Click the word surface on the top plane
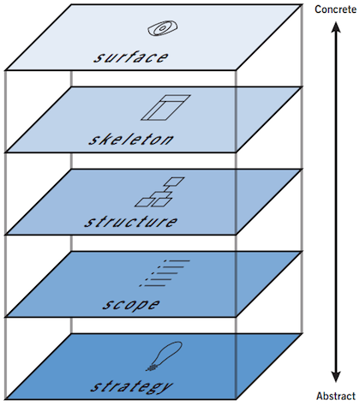[x=131, y=57]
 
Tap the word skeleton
[x=131, y=140]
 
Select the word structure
[x=131, y=222]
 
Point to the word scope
[x=131, y=304]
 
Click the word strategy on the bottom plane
[x=131, y=387]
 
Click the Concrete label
[x=336, y=9]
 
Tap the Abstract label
[x=336, y=397]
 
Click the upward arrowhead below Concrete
[x=336, y=27]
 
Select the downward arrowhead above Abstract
[x=336, y=376]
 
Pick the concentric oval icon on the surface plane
[x=163, y=28]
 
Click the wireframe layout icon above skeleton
[x=165, y=108]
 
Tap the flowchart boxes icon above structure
[x=159, y=192]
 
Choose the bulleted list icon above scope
[x=165, y=273]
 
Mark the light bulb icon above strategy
[x=165, y=356]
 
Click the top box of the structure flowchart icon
[x=174, y=182]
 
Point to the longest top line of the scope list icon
[x=177, y=260]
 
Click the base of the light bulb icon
[x=152, y=367]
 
